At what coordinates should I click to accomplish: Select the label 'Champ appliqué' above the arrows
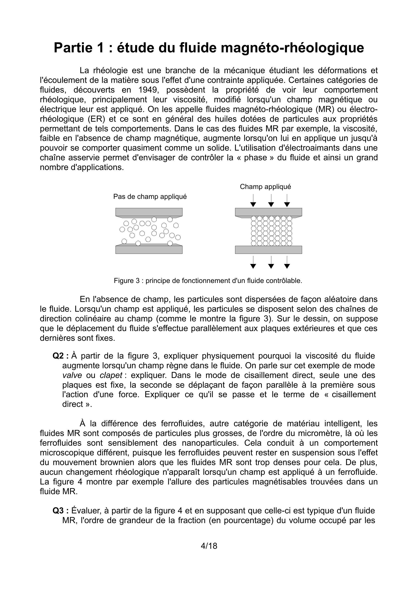point(265,187)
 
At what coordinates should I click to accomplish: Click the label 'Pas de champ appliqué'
point(150,197)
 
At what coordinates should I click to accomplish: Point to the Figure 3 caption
point(208,281)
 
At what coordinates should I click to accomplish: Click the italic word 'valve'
point(72,375)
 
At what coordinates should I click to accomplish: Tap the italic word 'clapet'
point(111,375)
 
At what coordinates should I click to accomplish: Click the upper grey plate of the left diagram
point(149,212)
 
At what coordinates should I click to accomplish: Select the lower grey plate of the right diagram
point(268,250)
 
